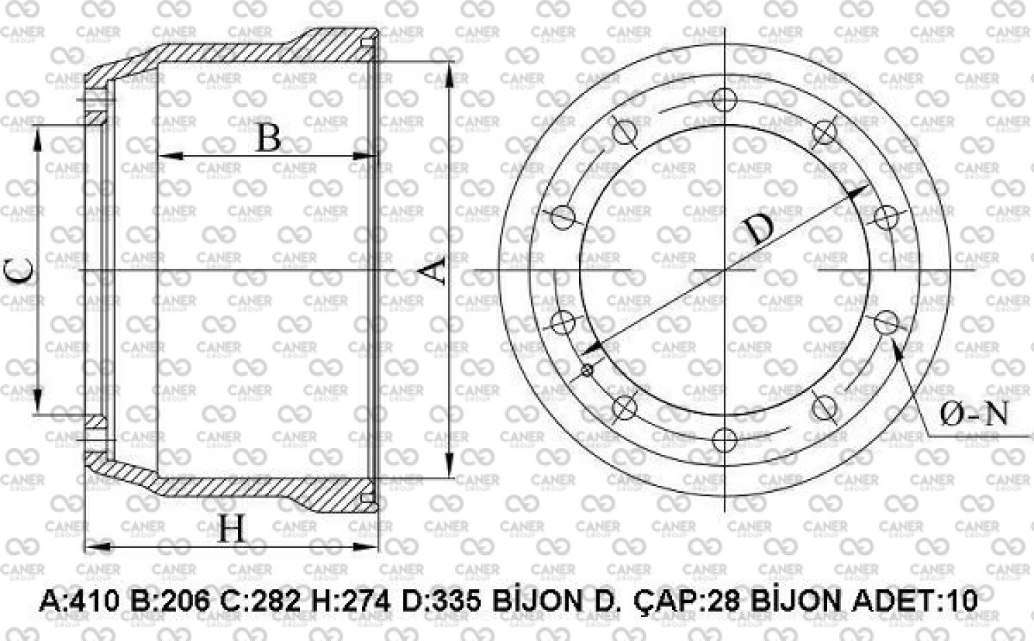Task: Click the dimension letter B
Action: pyautogui.click(x=268, y=138)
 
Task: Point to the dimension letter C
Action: pyautogui.click(x=20, y=271)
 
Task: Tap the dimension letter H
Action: pyautogui.click(x=232, y=529)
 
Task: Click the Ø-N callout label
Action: pyautogui.click(x=974, y=414)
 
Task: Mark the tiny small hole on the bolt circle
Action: pyautogui.click(x=587, y=371)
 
